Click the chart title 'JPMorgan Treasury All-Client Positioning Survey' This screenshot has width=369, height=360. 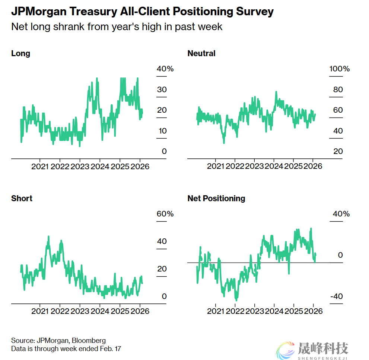point(142,12)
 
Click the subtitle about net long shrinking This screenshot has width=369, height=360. point(117,27)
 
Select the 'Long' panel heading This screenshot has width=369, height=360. point(20,53)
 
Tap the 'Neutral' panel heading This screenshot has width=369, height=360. point(201,53)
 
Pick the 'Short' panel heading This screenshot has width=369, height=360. point(22,198)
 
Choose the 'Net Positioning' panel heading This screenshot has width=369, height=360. point(216,198)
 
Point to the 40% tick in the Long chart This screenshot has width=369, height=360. point(165,69)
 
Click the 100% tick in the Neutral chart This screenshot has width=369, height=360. point(340,69)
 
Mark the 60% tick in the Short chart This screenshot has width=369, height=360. point(165,214)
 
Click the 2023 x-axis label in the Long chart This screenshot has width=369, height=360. point(80,166)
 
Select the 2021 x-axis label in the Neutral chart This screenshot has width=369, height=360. point(216,166)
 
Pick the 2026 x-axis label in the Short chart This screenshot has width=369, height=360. point(140,311)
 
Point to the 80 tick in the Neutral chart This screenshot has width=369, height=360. point(338,90)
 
